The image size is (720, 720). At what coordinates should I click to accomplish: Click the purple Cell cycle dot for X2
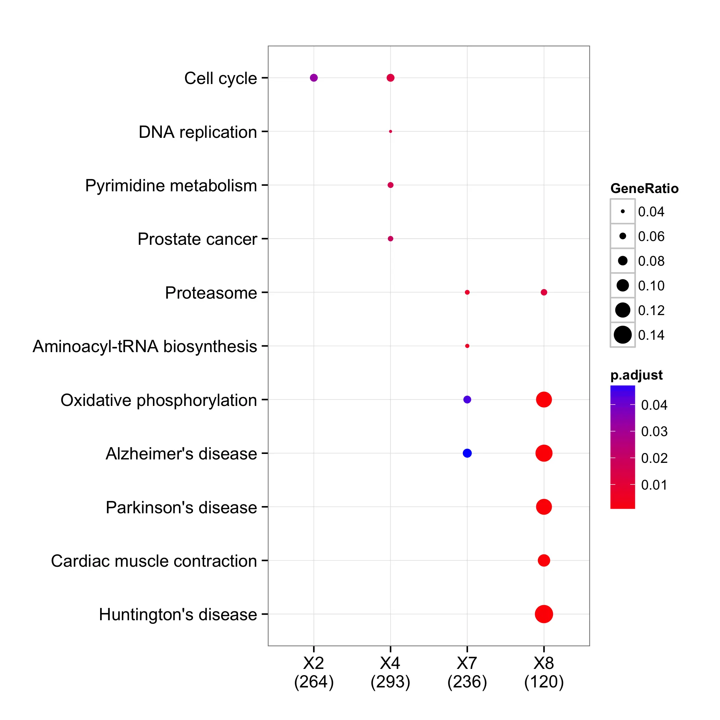coord(314,78)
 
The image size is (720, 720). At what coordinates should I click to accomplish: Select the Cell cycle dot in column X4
coord(391,78)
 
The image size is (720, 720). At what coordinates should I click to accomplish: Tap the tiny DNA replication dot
coord(391,132)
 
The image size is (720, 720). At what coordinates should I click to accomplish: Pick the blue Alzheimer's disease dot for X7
coord(467,453)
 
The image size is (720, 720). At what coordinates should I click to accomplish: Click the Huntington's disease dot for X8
coord(544,614)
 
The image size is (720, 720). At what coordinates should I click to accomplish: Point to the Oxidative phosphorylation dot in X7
coord(467,399)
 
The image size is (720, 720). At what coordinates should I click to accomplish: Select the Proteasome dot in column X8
coord(544,292)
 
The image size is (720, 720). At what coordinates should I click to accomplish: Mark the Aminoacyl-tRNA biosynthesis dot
coord(467,346)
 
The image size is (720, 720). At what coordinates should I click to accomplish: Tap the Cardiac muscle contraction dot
coord(544,561)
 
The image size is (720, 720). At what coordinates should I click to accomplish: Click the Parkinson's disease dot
coord(544,507)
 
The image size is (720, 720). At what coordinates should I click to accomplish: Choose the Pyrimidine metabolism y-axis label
coord(171,185)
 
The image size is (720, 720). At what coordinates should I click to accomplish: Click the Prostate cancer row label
coord(197,239)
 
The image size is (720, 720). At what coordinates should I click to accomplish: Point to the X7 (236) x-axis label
coord(467,673)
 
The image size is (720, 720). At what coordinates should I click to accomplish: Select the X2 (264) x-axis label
coord(314,673)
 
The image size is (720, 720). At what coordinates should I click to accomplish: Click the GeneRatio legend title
coord(644,189)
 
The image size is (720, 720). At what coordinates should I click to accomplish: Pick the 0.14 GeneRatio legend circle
coord(623,335)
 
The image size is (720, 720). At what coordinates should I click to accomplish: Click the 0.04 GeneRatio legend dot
coord(623,211)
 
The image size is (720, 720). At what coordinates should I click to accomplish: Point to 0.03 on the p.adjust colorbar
coord(654,432)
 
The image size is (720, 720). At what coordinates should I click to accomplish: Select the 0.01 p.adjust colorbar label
coord(654,485)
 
